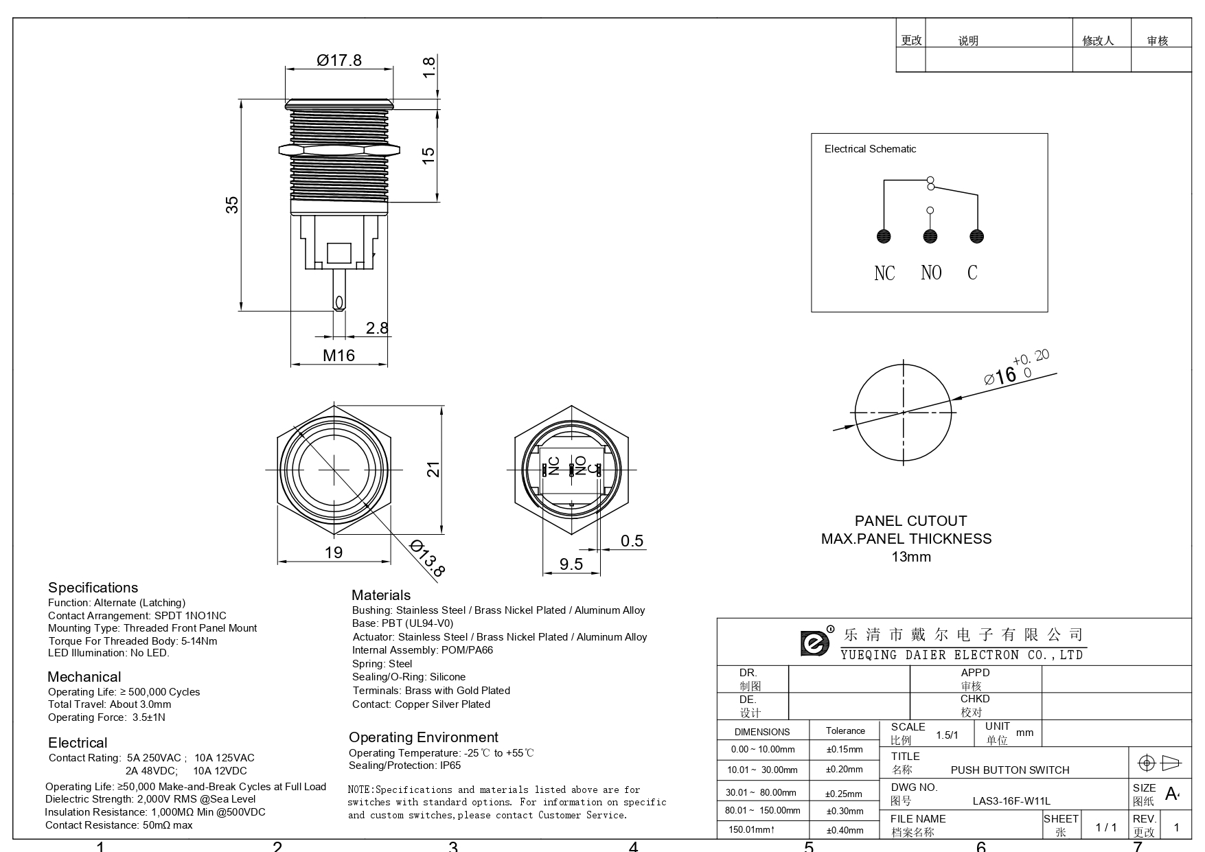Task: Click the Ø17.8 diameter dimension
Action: (x=339, y=60)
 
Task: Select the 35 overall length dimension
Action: (x=232, y=205)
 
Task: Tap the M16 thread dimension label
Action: (x=339, y=355)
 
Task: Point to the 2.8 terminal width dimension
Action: (x=377, y=328)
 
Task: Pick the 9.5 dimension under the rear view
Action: (x=571, y=564)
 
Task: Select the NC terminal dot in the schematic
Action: (x=884, y=236)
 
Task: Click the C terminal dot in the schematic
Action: (x=976, y=236)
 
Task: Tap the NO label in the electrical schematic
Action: (x=931, y=273)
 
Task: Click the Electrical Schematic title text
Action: (x=870, y=149)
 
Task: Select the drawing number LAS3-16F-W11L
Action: (x=1011, y=801)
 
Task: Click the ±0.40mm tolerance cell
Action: (x=845, y=830)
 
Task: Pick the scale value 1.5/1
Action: (x=947, y=735)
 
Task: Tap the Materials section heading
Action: (x=381, y=595)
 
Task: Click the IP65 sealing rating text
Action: (x=450, y=765)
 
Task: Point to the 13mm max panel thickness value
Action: (x=911, y=557)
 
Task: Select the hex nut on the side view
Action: (x=339, y=149)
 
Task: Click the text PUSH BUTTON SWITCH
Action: (x=1010, y=770)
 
